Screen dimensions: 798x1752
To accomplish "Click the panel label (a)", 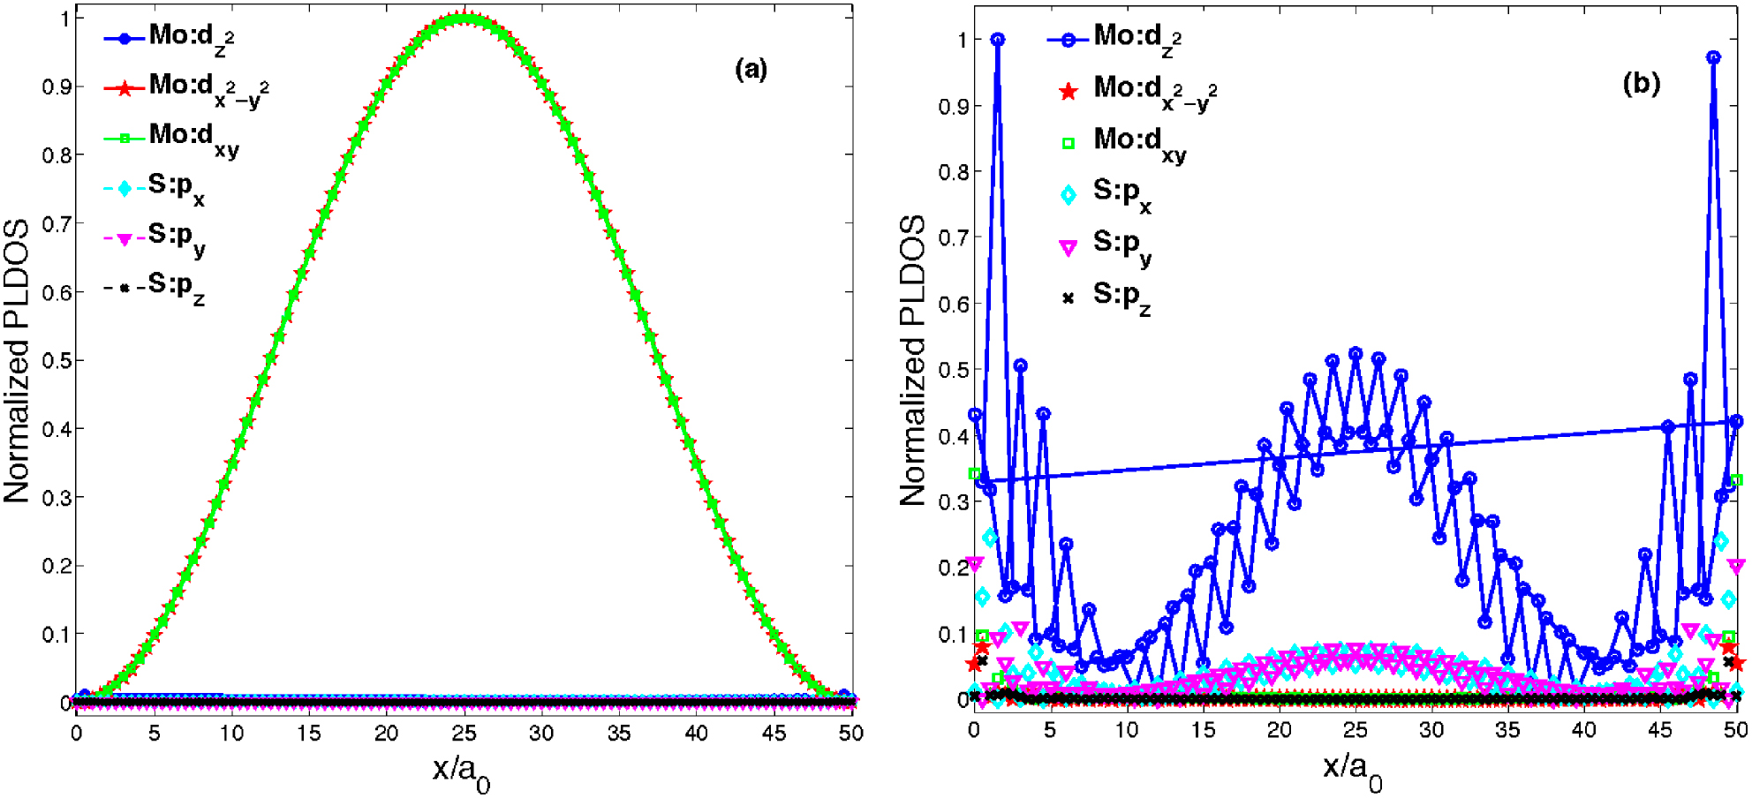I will point(751,69).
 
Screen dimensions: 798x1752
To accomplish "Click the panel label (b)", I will point(1641,83).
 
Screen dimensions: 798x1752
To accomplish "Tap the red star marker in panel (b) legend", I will point(1068,91).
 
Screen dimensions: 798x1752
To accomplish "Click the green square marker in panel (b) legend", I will point(1068,143).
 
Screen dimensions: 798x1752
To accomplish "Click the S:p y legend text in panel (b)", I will point(1121,244).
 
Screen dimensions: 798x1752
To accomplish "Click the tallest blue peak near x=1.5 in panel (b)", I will point(998,40).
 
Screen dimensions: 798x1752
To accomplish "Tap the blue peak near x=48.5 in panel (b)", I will point(1713,57).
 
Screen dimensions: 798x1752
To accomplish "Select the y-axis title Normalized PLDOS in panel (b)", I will point(913,360).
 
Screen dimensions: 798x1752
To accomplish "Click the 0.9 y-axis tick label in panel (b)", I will point(954,107).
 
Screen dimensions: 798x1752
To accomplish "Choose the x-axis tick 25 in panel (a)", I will point(464,733).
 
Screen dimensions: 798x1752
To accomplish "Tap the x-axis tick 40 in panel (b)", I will point(1583,730).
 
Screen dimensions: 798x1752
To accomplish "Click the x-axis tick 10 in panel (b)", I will point(1126,730).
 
